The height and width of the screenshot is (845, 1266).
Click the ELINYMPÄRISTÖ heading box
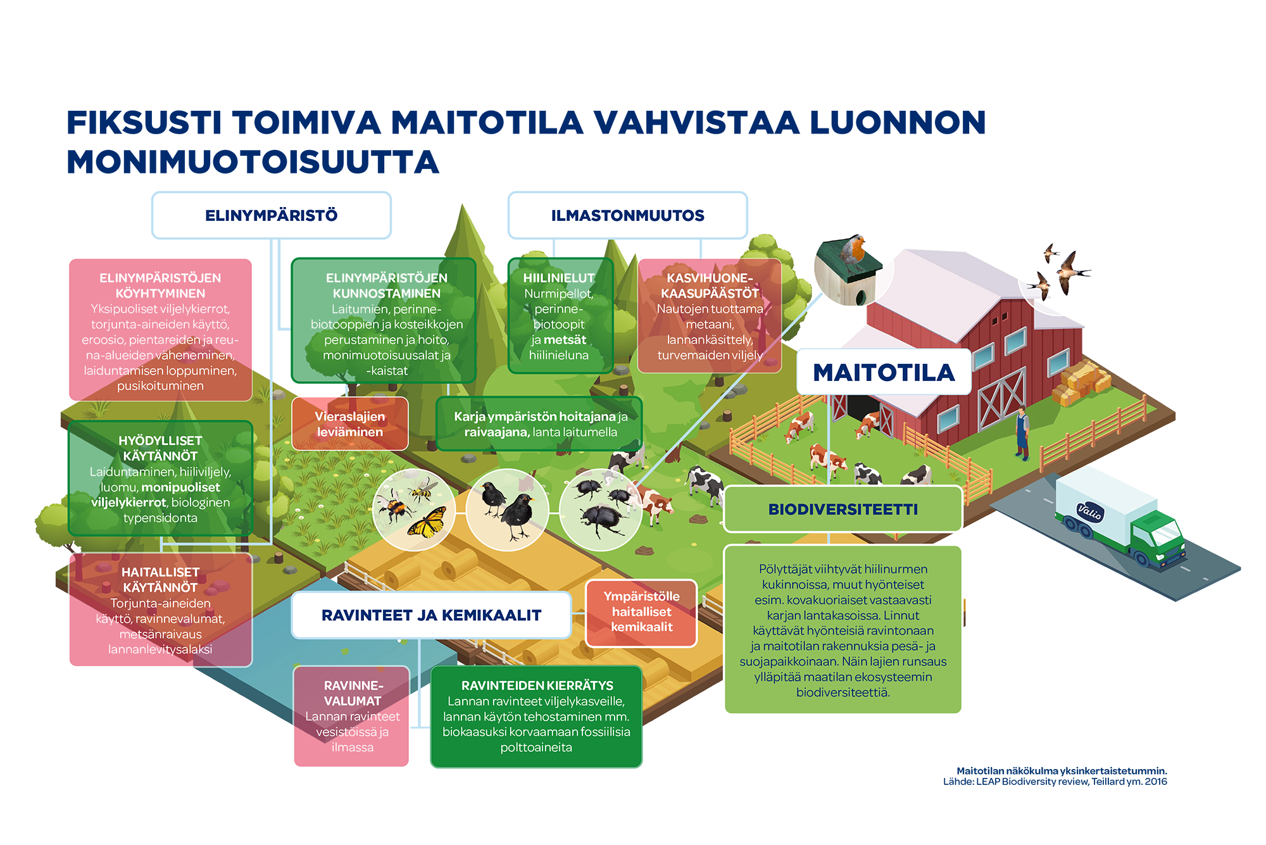click(271, 215)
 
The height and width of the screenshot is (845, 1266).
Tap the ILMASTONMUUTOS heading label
click(627, 215)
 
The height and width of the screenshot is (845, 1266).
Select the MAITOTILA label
click(884, 372)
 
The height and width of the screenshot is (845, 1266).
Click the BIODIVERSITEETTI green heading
click(843, 510)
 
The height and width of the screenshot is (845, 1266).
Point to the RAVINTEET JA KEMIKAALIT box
click(431, 615)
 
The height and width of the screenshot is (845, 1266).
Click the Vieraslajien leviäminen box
click(350, 424)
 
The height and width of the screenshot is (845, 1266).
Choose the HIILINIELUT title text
click(558, 278)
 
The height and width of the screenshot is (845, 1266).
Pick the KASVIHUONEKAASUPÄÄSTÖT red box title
click(710, 285)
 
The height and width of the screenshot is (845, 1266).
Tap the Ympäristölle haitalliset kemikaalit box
click(641, 612)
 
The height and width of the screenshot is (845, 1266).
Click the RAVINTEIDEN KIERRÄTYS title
click(537, 685)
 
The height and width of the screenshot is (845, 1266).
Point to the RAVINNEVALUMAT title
click(353, 693)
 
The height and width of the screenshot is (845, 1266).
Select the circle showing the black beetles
click(600, 510)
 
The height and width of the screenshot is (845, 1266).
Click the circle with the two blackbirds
click(508, 510)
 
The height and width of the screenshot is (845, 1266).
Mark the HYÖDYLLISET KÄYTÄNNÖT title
click(160, 448)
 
